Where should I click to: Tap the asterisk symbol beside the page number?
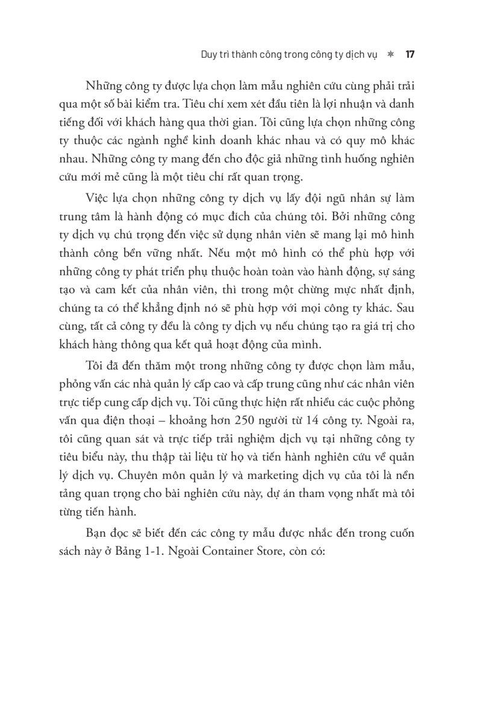[390, 54]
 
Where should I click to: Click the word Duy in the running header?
[210, 54]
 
